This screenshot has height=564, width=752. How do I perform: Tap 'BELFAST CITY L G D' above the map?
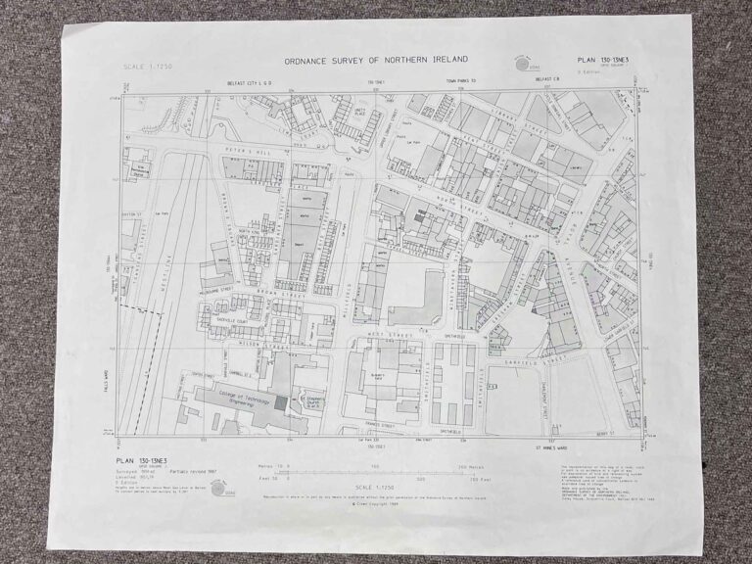238,85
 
